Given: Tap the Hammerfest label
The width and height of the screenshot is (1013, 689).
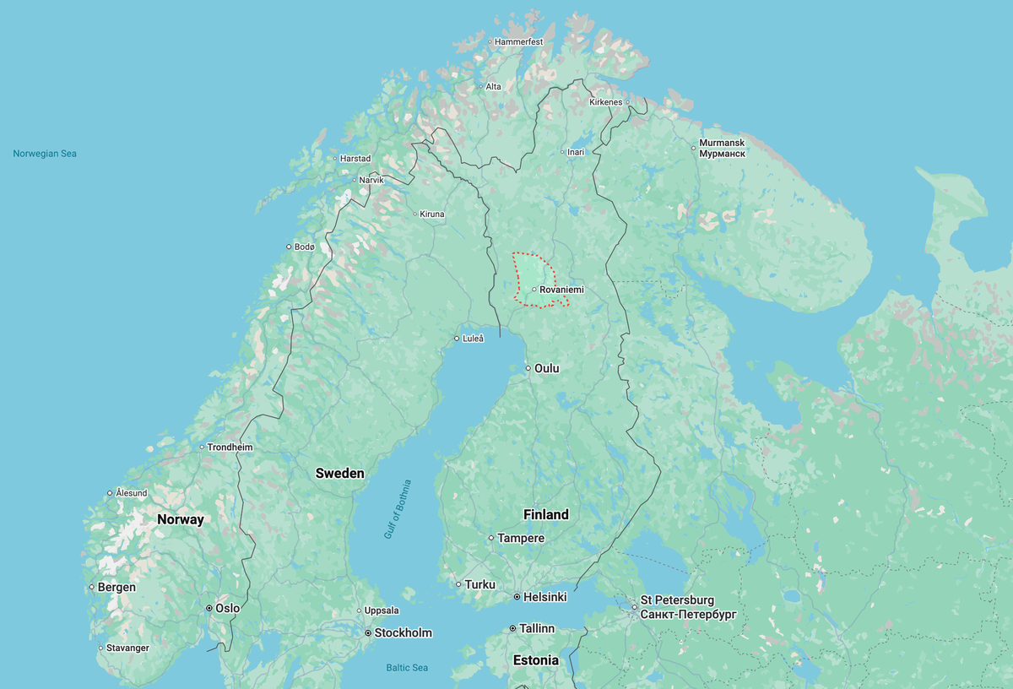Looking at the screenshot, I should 518,41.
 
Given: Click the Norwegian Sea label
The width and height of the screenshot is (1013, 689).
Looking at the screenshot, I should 45,154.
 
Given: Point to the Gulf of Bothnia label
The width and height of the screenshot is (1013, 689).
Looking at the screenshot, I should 398,509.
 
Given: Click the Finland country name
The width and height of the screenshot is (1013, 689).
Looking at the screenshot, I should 545,514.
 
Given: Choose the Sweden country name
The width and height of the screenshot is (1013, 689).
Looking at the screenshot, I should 339,473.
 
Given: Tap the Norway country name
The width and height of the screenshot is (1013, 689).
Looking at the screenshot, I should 181,519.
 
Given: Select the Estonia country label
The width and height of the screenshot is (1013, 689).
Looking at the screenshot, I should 535,660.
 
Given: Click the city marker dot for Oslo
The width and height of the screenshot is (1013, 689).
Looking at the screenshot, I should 209,608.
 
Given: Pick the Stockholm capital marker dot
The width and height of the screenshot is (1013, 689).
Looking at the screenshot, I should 368,632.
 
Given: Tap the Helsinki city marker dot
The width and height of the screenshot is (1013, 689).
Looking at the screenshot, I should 517,597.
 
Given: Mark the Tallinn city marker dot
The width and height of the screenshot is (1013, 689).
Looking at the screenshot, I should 512,629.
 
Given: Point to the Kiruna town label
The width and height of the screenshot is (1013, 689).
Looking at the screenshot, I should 432,214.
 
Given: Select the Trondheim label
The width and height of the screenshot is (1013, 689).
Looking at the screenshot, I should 230,447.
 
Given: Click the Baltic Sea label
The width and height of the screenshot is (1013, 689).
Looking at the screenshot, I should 407,668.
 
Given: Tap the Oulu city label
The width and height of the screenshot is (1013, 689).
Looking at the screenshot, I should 546,368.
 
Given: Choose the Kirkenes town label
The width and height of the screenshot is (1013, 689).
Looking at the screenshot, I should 605,102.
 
